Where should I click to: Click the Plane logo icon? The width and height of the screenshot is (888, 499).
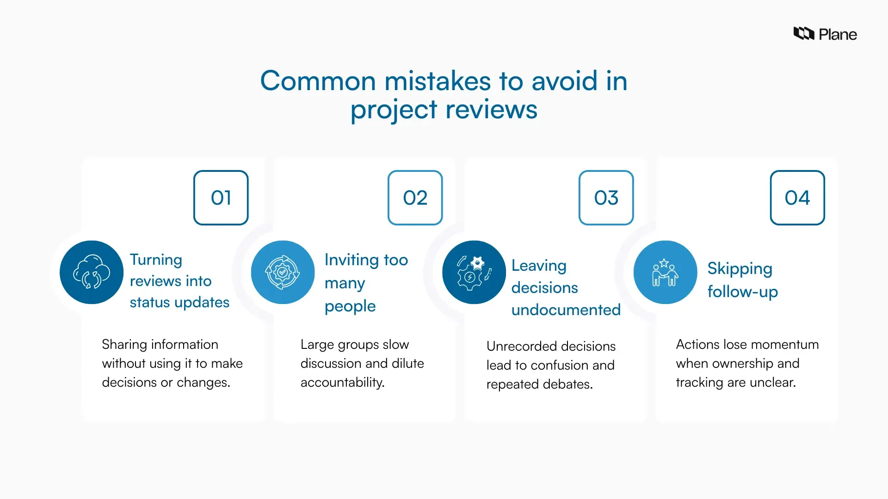tap(804, 34)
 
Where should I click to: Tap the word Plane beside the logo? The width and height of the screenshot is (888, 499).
tap(838, 35)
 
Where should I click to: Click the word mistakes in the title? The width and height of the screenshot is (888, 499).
tap(438, 81)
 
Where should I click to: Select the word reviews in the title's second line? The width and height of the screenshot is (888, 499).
tap(491, 110)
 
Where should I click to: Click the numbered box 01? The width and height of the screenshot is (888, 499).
tap(221, 198)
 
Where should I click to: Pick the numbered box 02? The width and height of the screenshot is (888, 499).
tap(415, 198)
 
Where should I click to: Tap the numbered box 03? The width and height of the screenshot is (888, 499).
tap(606, 198)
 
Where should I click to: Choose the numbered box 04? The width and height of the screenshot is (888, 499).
tap(797, 198)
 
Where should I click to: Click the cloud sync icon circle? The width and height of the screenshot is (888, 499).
tap(92, 272)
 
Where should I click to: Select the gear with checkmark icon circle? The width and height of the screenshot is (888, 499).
tap(283, 272)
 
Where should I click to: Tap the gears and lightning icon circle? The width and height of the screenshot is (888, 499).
tap(474, 272)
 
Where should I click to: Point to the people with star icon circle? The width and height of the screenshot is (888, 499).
tap(665, 272)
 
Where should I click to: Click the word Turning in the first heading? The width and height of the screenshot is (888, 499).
tap(156, 260)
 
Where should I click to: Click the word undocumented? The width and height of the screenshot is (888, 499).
tap(566, 310)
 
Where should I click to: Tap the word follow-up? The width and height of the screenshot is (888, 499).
tap(742, 292)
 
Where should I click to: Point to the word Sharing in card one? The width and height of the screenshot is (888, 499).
tap(122, 345)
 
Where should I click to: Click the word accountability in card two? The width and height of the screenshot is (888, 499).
tap(342, 383)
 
